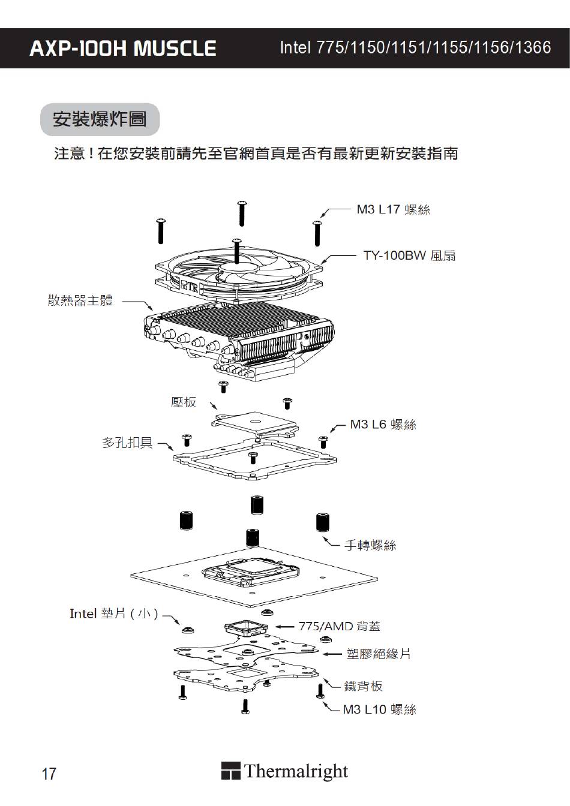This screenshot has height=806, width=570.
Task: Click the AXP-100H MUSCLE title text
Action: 122,49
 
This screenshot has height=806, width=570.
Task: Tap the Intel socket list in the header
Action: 415,48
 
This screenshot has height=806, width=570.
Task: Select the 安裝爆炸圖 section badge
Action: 100,119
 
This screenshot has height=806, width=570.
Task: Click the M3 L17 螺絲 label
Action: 393,209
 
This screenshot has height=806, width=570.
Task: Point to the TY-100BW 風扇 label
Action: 409,255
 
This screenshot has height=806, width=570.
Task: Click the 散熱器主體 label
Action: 80,300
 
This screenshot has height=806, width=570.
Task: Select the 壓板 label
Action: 184,402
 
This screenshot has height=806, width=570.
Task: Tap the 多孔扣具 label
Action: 127,443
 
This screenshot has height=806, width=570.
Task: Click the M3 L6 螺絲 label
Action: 383,425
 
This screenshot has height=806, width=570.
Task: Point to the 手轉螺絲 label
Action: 370,545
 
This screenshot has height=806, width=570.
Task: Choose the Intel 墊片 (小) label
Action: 114,613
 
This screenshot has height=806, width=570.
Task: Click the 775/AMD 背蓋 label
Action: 340,626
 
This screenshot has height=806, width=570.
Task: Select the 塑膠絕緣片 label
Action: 379,653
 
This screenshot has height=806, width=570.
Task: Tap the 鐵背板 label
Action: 363,686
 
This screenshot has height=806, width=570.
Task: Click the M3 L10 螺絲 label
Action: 379,709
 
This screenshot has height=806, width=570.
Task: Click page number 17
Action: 49,774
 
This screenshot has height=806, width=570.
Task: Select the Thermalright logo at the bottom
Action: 285,771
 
